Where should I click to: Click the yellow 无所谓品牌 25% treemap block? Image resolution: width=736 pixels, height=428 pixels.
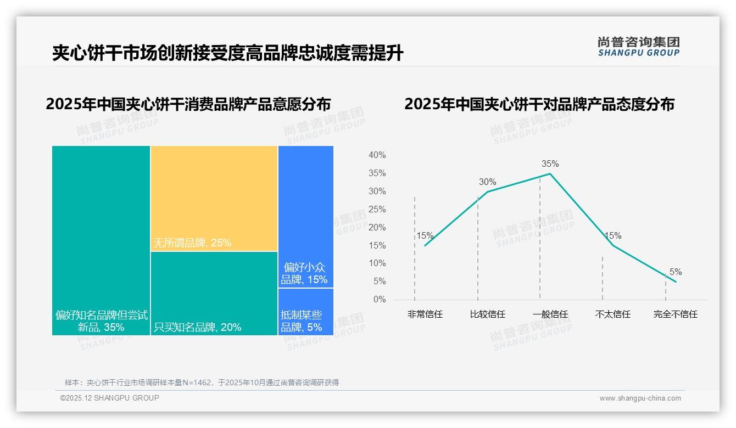click(214, 198)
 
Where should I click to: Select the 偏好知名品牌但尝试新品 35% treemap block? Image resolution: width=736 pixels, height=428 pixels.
click(101, 240)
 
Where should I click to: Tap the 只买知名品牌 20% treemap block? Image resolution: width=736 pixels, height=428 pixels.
click(214, 293)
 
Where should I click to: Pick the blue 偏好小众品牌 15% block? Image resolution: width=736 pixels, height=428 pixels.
click(305, 216)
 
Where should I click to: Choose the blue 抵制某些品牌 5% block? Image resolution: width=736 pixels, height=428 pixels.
click(305, 312)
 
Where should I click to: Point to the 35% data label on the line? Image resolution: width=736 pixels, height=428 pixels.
click(550, 164)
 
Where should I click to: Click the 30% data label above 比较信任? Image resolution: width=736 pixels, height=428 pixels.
click(487, 182)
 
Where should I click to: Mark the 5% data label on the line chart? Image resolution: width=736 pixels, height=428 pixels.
click(675, 272)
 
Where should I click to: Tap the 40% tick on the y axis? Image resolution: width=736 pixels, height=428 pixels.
click(377, 155)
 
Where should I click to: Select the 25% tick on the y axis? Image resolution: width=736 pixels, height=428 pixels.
click(377, 209)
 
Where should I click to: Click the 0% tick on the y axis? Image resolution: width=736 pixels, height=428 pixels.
click(379, 300)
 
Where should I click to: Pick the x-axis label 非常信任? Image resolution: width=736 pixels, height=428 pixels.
click(425, 314)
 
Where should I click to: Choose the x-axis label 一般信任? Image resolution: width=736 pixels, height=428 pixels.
click(550, 314)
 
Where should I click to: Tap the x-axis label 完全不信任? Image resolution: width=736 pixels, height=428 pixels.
click(675, 314)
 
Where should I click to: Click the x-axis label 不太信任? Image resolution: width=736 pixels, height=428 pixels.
click(612, 314)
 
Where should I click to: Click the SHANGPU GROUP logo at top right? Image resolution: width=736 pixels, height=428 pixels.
click(638, 47)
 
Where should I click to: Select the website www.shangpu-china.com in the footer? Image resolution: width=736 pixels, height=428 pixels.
click(640, 398)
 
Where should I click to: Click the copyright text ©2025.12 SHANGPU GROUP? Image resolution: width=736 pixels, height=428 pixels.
click(110, 398)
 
